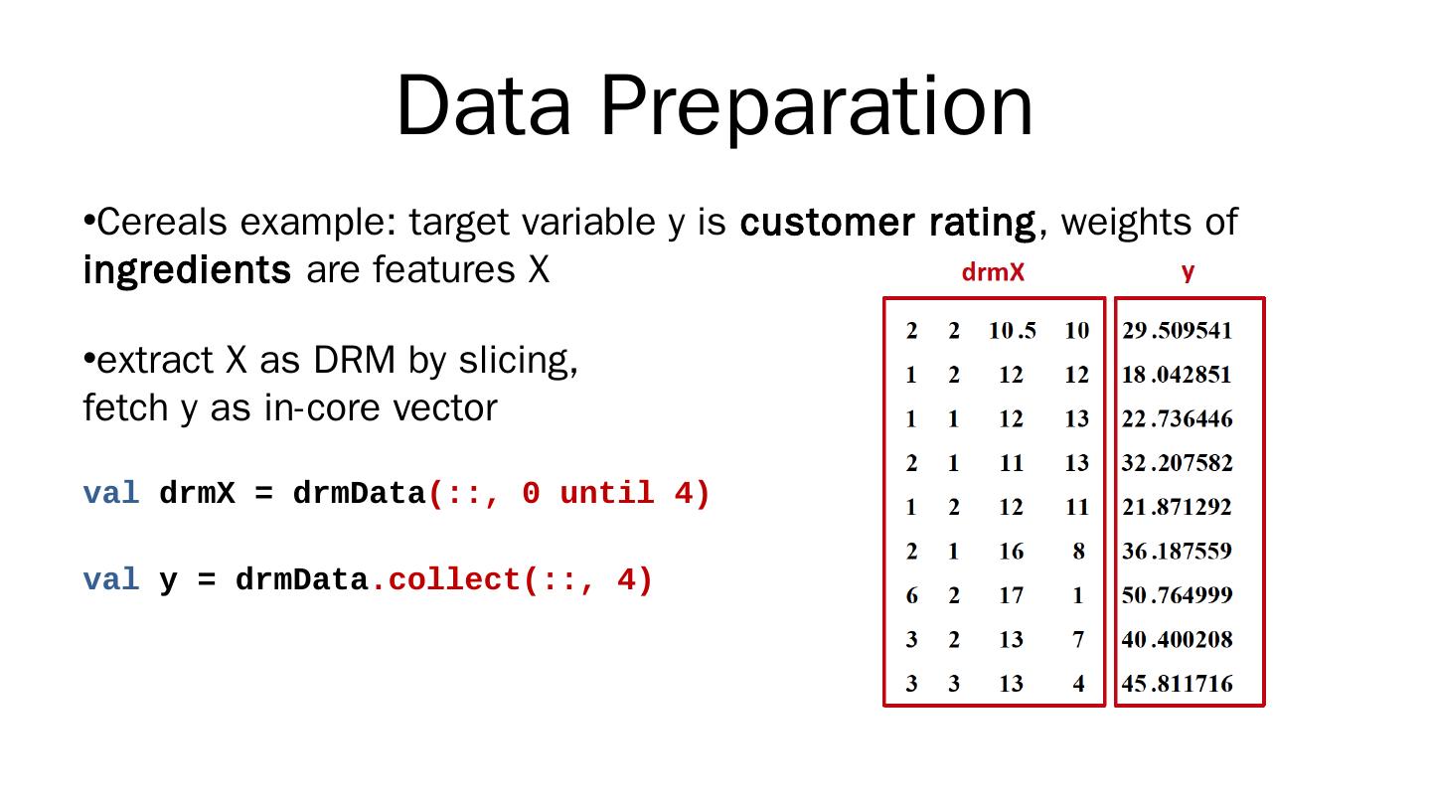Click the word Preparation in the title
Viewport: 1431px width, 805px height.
pos(816,106)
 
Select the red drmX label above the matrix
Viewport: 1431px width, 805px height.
pos(993,272)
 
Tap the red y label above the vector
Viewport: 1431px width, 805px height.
pos(1188,271)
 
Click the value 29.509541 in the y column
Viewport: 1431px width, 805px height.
pos(1177,331)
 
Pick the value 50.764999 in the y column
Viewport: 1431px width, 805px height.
pos(1177,595)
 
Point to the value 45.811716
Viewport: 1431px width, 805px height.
pos(1177,684)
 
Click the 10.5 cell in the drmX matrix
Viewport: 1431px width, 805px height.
pos(1012,331)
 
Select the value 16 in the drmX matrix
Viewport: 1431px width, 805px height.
pos(1011,552)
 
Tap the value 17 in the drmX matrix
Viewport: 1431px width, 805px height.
pos(1011,595)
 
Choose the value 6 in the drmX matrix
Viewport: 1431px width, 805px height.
pos(911,595)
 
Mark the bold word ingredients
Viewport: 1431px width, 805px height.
pos(187,269)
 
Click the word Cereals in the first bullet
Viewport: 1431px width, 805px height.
pos(163,222)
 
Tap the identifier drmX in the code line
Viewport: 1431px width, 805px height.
pos(197,493)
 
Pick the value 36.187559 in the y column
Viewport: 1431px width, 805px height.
pos(1177,552)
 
